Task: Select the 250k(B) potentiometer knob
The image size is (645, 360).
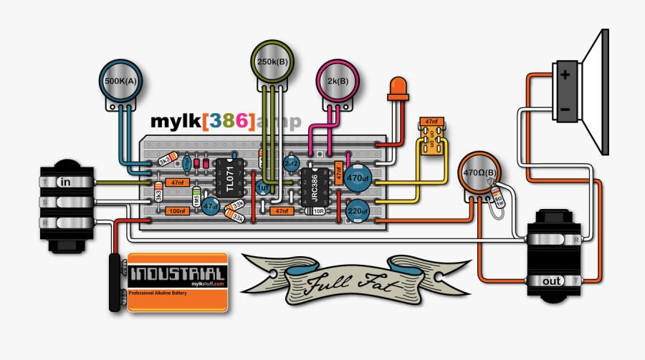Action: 273,62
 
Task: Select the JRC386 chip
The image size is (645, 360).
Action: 314,187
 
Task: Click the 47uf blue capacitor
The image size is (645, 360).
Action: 211,206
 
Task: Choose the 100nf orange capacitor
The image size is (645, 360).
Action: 177,212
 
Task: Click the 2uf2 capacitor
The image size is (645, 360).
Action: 292,165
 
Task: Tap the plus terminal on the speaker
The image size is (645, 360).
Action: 566,75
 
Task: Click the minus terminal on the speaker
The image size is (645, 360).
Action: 566,108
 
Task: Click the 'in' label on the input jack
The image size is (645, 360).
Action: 65,182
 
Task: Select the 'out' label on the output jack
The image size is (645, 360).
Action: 552,281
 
